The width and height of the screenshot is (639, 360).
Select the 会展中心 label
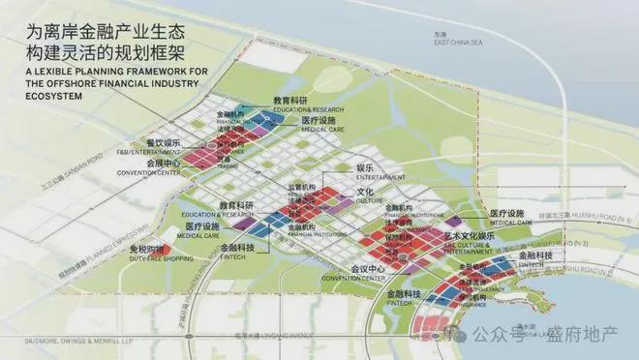pyautogui.click(x=162, y=165)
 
